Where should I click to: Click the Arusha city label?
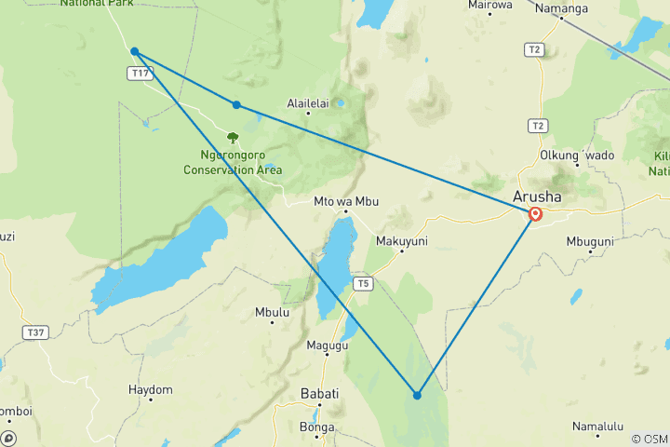(537, 196)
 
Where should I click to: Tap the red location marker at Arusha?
(536, 214)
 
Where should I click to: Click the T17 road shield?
(141, 73)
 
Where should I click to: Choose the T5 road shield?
(362, 283)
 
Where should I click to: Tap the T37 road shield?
(35, 332)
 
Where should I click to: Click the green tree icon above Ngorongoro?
(233, 138)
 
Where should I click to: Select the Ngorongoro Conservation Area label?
(233, 163)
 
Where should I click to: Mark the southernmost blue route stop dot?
(417, 395)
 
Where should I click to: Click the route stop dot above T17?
(135, 51)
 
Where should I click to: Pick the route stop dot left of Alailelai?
(236, 104)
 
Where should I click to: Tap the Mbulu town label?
(272, 313)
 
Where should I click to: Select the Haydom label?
(151, 389)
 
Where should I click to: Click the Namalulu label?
(597, 426)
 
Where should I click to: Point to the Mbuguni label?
(590, 241)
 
